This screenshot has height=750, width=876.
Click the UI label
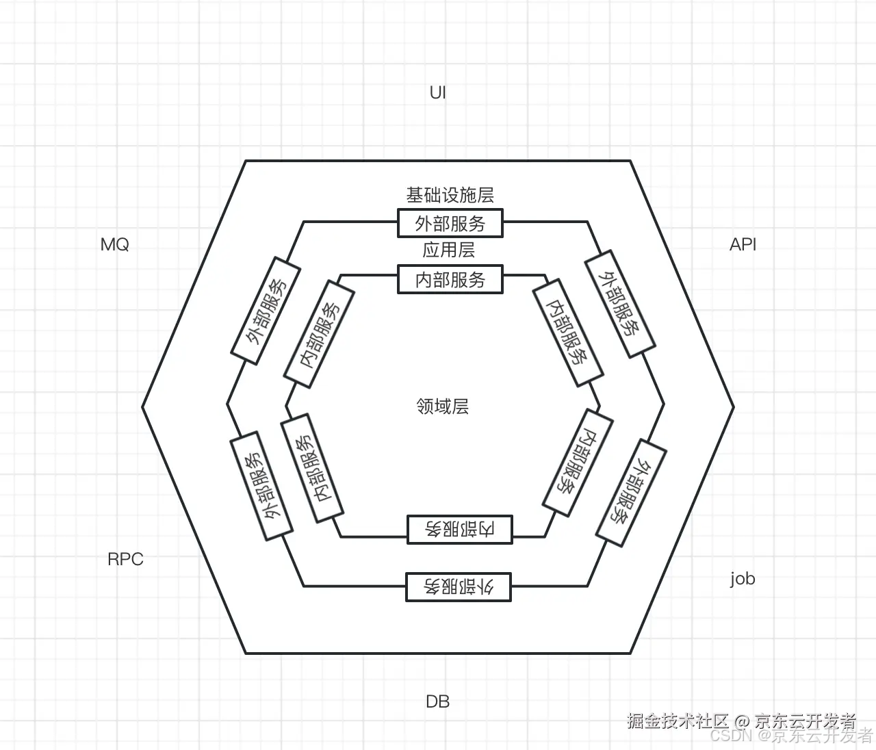pyautogui.click(x=437, y=92)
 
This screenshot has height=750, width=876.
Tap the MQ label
pyautogui.click(x=114, y=245)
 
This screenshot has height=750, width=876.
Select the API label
pyautogui.click(x=743, y=245)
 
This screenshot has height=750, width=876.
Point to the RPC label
pyautogui.click(x=125, y=559)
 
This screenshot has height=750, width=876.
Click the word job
pyautogui.click(x=742, y=578)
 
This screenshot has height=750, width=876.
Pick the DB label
pyautogui.click(x=437, y=701)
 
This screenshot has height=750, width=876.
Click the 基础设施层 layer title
pyautogui.click(x=450, y=196)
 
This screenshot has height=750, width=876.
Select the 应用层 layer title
pyautogui.click(x=448, y=250)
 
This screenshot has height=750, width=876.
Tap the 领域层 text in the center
pyautogui.click(x=442, y=406)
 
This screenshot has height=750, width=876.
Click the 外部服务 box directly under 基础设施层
pyautogui.click(x=450, y=224)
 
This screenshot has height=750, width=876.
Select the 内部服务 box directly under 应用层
pyautogui.click(x=450, y=280)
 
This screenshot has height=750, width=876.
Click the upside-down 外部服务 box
pyautogui.click(x=459, y=587)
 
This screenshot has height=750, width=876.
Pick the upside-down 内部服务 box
pyautogui.click(x=459, y=529)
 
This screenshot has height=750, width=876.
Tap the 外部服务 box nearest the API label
pyautogui.click(x=619, y=303)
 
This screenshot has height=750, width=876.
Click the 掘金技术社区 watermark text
pyautogui.click(x=678, y=721)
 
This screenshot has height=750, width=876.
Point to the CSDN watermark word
pyautogui.click(x=730, y=736)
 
